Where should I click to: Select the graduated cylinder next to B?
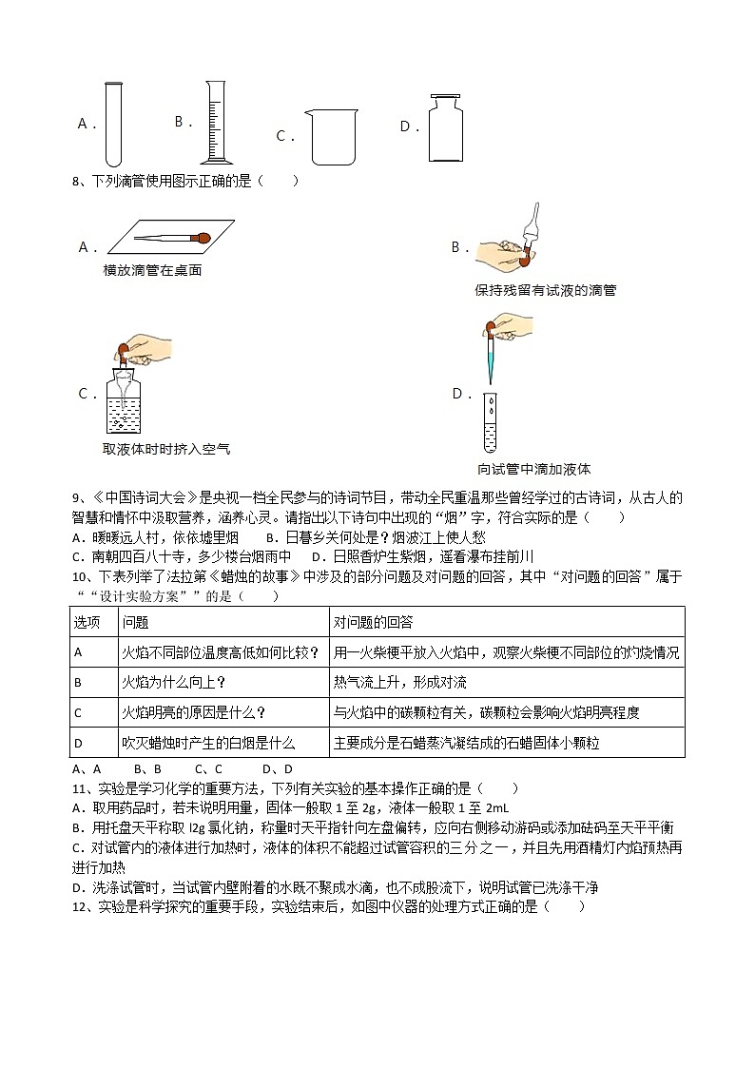tap(216, 124)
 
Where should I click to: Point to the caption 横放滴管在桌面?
tap(152, 271)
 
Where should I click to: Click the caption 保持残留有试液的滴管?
tap(545, 290)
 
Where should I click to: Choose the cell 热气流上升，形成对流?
tap(399, 682)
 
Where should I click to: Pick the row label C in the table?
tap(78, 712)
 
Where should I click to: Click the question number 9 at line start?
tap(76, 497)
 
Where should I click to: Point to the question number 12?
tap(80, 907)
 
